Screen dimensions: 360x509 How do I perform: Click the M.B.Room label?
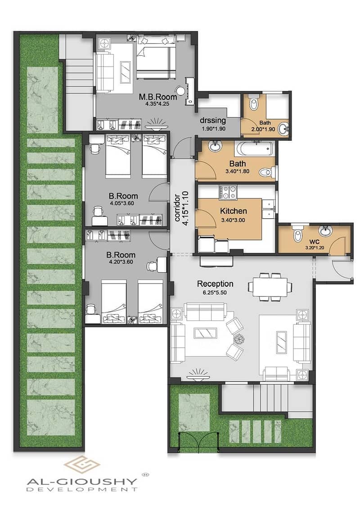[158, 97]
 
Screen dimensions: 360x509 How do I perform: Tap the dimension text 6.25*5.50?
[215, 293]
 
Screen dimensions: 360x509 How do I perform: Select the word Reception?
[215, 284]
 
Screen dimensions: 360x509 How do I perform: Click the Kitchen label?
[234, 211]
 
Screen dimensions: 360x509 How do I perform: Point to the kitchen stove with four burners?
[229, 192]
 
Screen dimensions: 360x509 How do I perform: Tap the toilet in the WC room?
[297, 233]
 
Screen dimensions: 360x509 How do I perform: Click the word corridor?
[178, 208]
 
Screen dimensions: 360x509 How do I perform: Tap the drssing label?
[213, 121]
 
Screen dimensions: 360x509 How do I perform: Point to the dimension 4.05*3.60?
[122, 203]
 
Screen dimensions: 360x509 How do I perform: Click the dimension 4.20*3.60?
[121, 262]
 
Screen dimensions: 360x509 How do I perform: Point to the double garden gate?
[198, 442]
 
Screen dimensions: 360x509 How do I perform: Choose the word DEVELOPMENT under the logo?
[82, 489]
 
